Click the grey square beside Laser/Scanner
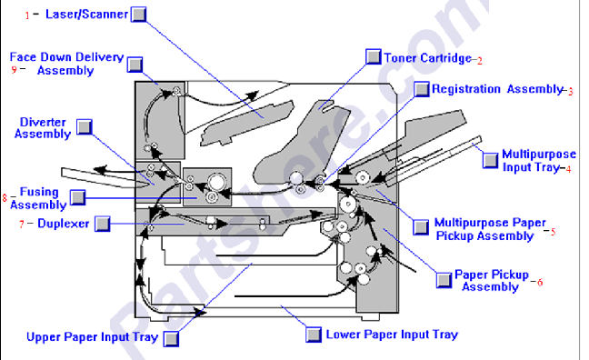[x=138, y=15]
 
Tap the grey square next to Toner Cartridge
[x=374, y=56]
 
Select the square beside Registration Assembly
[x=422, y=89]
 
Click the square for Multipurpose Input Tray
[x=490, y=161]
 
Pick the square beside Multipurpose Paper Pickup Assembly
[x=421, y=227]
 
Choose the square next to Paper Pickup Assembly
[x=444, y=280]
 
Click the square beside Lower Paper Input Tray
[x=314, y=335]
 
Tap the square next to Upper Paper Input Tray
[x=171, y=338]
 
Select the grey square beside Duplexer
[x=102, y=224]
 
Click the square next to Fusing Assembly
[x=78, y=197]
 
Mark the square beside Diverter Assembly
[x=85, y=127]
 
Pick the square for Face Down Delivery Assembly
[x=135, y=65]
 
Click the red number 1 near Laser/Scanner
[x=27, y=15]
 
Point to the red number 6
[x=540, y=282]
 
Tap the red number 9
[x=14, y=69]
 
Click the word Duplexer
[x=64, y=224]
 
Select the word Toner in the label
[x=400, y=58]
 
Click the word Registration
[x=466, y=89]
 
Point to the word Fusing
[x=39, y=192]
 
